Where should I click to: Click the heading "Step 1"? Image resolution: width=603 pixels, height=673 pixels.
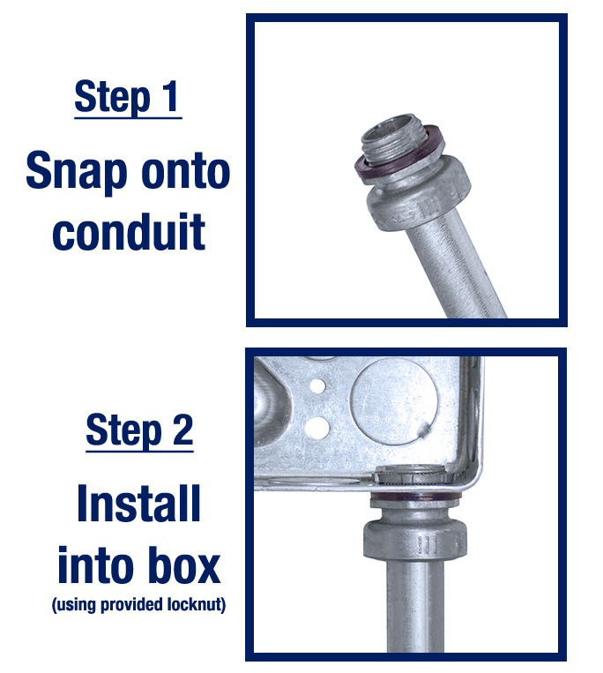coord(128,97)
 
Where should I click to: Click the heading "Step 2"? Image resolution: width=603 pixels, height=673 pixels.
coord(139,430)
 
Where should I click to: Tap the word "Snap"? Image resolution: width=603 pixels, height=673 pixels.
coord(77,173)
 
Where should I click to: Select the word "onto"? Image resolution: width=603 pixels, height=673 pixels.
coord(185,171)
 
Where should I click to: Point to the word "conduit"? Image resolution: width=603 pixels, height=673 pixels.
coord(129,231)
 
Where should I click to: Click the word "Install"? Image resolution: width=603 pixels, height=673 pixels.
coord(139,503)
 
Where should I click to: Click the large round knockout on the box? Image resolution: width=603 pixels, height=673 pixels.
coord(394,401)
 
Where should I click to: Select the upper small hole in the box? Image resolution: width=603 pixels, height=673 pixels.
coord(317,385)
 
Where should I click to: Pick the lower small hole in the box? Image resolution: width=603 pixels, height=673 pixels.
coord(316,427)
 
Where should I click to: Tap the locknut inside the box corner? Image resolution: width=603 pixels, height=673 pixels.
coord(413,475)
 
